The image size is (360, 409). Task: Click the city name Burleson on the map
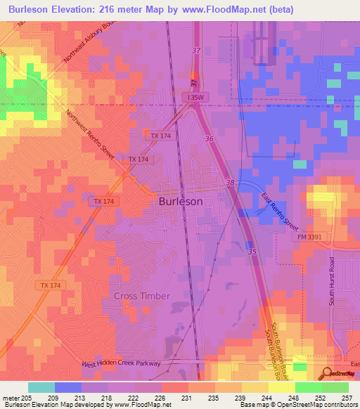(x=181, y=201)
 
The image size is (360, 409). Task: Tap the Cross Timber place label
(x=141, y=296)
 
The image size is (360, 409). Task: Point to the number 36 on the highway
(x=210, y=139)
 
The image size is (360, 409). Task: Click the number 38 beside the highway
(x=231, y=183)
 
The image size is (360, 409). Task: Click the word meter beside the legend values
(x=10, y=397)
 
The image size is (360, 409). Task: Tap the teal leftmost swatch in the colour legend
(x=41, y=387)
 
